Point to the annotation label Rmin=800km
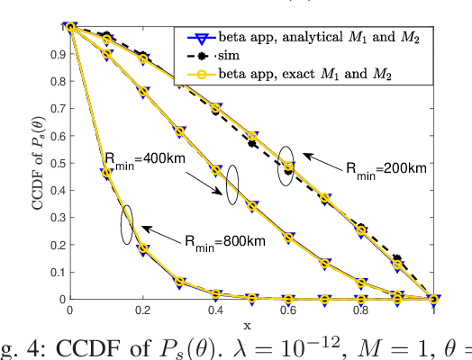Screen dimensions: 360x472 (224, 240)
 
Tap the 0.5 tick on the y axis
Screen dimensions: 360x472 (58, 163)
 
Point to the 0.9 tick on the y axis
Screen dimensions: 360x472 (58, 54)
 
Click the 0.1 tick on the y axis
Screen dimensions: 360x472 (58, 272)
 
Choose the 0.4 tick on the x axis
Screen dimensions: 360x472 (215, 310)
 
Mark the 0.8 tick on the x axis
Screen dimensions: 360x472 (360, 310)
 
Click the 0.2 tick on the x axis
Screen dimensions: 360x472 (142, 310)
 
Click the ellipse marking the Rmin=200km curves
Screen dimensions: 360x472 (286, 166)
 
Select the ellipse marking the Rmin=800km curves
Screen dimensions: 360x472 (127, 225)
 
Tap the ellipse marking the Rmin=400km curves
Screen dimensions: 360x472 (231, 184)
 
